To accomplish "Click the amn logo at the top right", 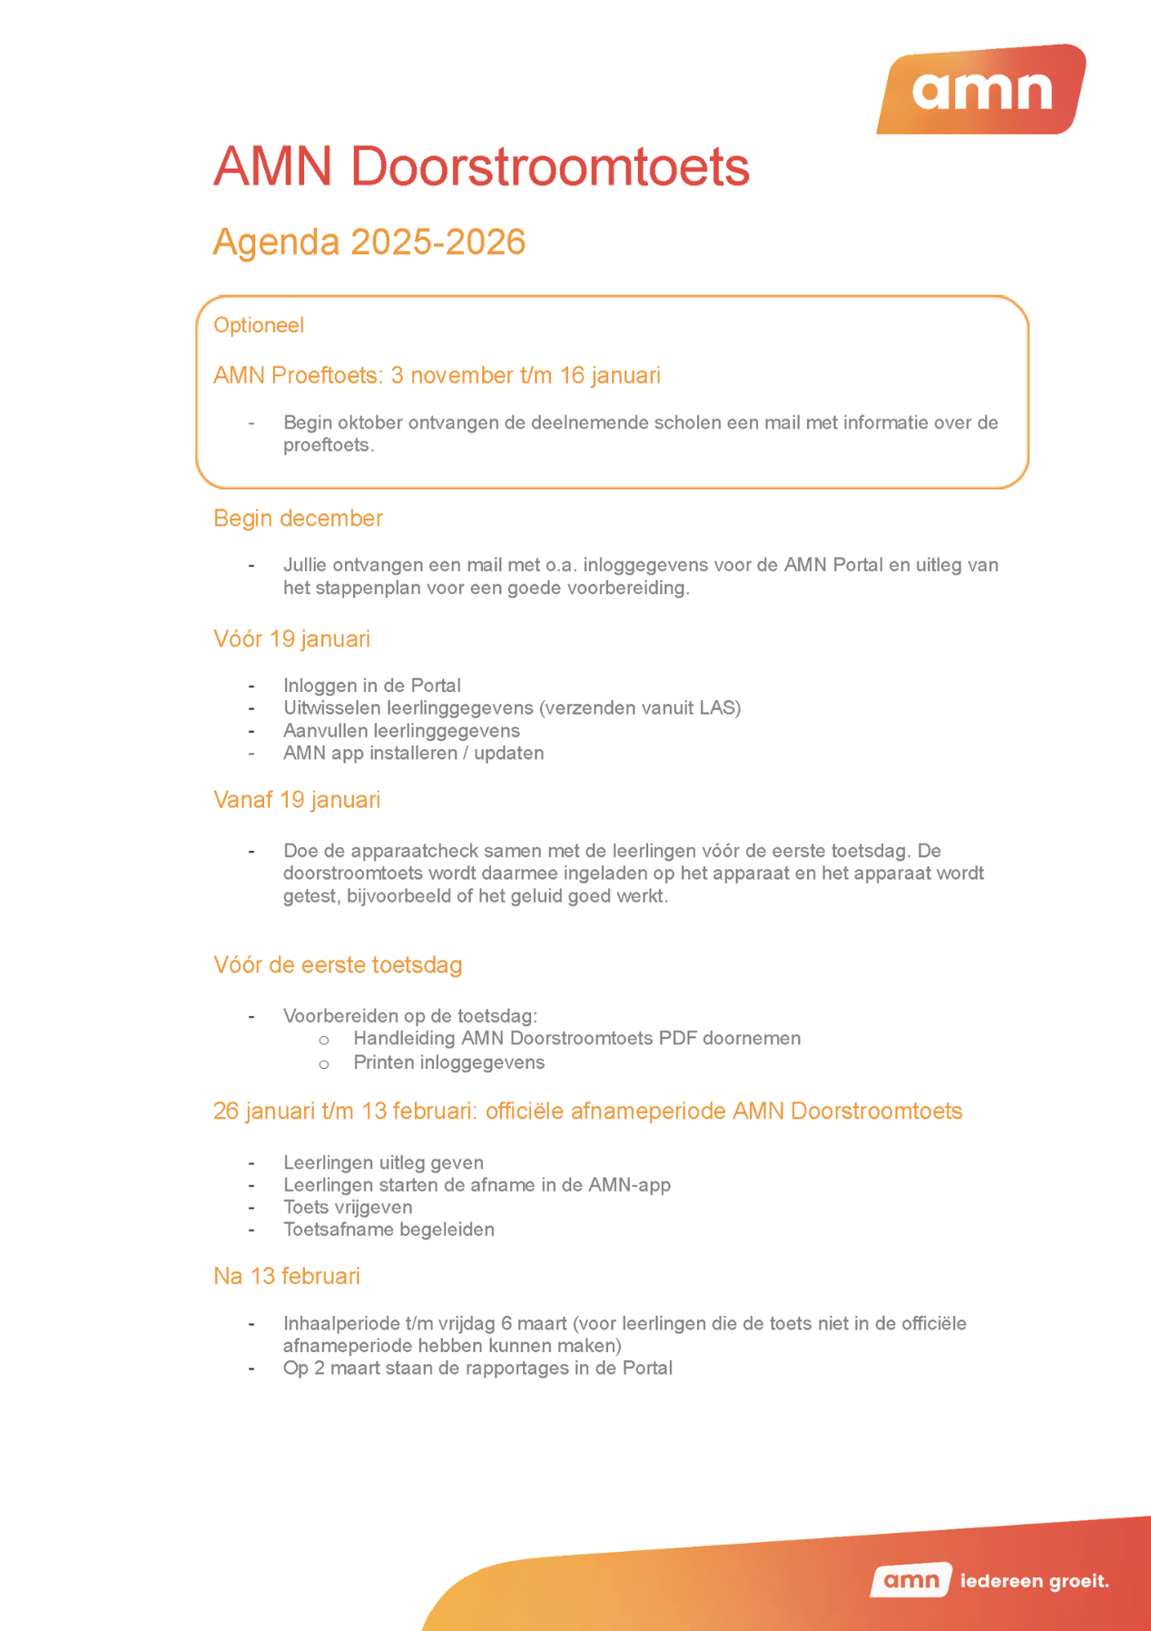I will [981, 90].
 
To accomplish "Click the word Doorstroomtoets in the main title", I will [549, 167].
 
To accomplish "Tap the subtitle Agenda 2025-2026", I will [369, 242].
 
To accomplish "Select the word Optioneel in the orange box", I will [259, 325].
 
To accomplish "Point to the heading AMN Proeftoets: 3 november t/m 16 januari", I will [437, 375].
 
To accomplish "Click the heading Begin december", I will [298, 519].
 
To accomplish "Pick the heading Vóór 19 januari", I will [291, 639].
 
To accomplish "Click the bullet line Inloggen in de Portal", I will [371, 686].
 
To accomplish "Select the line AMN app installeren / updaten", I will [413, 753].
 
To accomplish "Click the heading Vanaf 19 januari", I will [296, 800].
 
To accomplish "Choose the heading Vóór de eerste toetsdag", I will [338, 965].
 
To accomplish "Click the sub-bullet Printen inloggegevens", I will [448, 1063].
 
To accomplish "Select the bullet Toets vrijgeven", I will [348, 1207].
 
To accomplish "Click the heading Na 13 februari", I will [286, 1277].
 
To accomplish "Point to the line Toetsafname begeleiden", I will [389, 1230].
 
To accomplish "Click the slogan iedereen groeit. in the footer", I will [1034, 1581].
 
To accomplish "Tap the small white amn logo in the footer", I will [910, 1580].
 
